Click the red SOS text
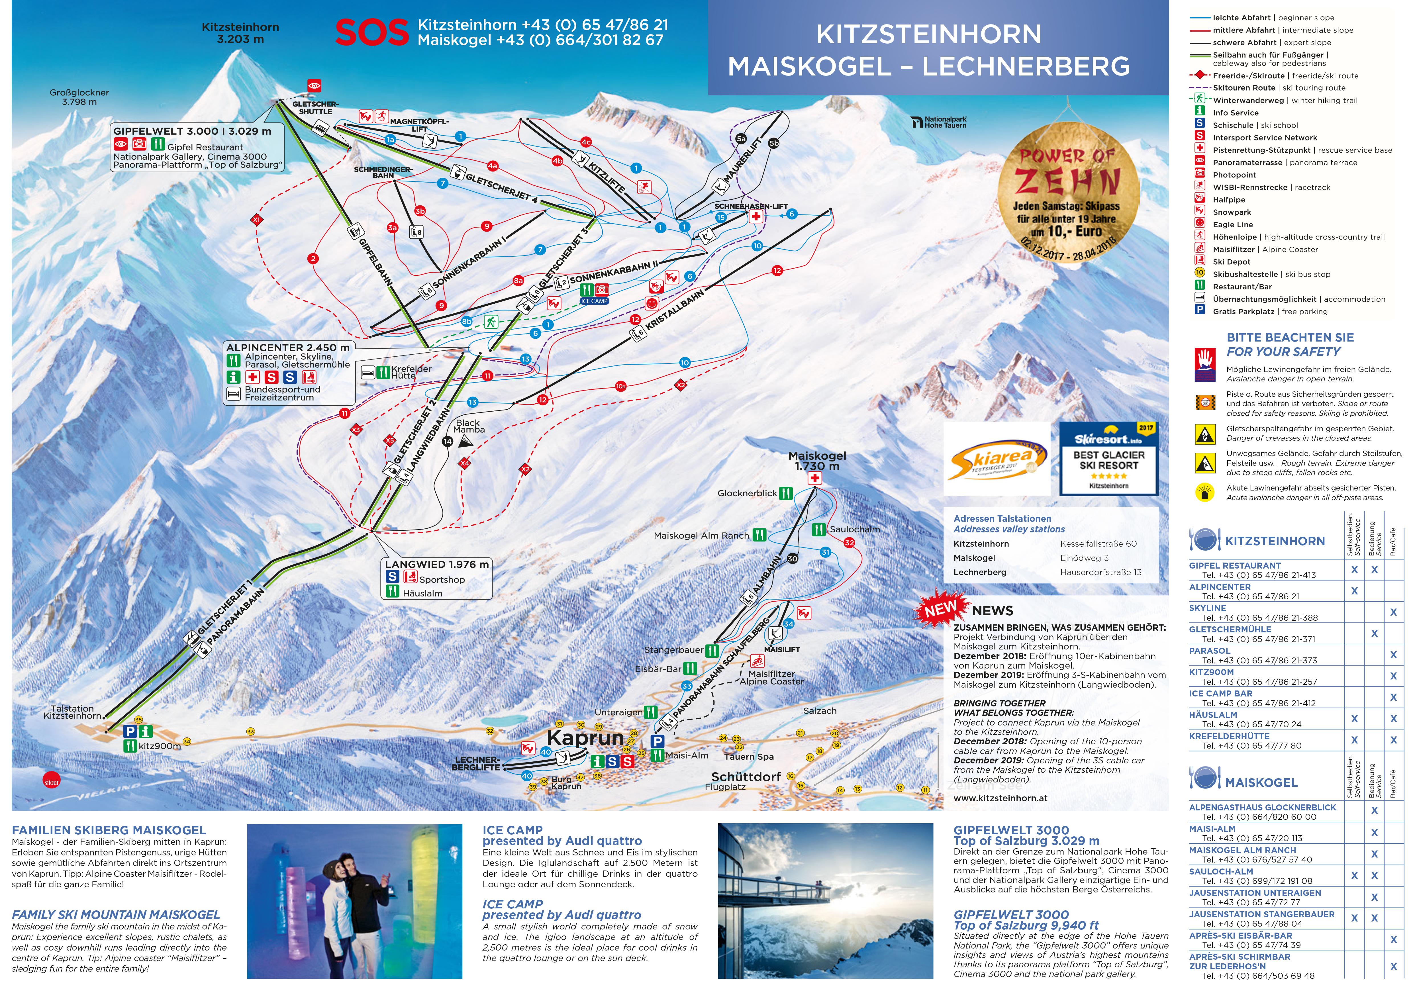[x=372, y=33]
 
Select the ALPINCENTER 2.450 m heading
[x=287, y=348]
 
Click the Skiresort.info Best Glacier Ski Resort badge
[x=1108, y=459]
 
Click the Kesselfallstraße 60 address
[x=1098, y=544]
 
